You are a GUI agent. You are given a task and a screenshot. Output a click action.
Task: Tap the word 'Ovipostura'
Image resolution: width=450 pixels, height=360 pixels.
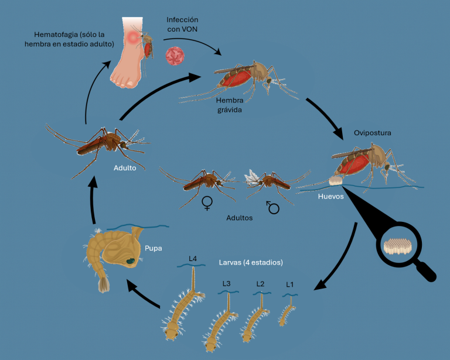click(x=372, y=133)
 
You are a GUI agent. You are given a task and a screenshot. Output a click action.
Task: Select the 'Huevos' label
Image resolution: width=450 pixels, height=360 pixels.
click(x=330, y=197)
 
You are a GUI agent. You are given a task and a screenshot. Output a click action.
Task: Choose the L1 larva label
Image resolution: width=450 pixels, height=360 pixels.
click(x=289, y=284)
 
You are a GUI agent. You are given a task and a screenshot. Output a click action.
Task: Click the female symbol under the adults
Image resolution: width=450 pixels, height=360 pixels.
click(x=207, y=203)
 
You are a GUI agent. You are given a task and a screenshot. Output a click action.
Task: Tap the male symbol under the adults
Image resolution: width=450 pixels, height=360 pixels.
click(x=272, y=205)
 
